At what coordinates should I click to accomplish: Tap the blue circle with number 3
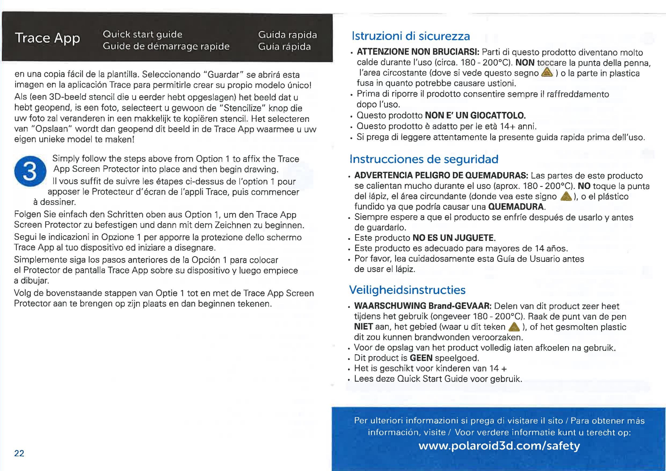(30, 171)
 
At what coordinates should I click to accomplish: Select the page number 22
(19, 453)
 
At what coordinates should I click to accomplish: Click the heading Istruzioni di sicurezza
(410, 36)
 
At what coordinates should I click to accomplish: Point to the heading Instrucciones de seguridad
(424, 159)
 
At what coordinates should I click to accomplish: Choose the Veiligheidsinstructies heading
(407, 290)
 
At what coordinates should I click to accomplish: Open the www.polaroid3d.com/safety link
(499, 445)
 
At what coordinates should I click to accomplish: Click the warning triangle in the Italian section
(547, 72)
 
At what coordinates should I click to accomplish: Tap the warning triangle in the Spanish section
(566, 197)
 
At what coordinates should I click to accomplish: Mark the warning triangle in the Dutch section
(514, 327)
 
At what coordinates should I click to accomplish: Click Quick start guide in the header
(142, 34)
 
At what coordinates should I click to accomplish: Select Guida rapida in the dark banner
(287, 35)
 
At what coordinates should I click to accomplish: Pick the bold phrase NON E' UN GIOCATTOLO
(475, 115)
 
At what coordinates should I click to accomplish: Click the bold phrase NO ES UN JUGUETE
(453, 238)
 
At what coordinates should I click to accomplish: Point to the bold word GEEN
(421, 358)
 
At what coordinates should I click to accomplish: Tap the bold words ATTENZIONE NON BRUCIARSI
(418, 52)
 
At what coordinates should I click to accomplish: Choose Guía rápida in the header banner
(284, 47)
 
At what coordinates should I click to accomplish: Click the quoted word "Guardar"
(223, 75)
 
